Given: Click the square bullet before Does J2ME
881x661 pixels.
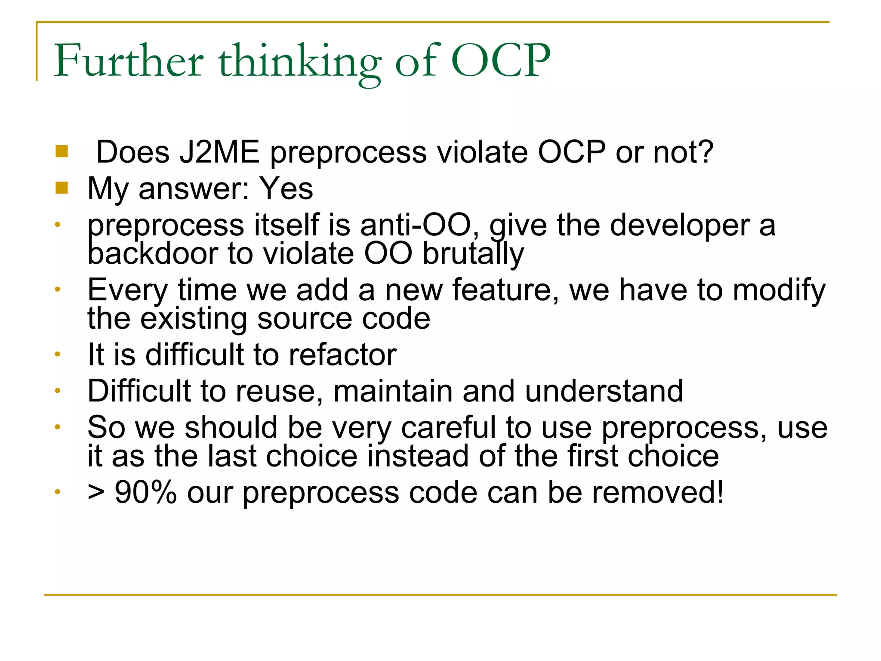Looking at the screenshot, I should [62, 151].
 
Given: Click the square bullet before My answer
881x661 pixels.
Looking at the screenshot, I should [62, 188].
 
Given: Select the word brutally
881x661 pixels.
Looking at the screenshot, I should [473, 253].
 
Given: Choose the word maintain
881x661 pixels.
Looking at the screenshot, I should [393, 391].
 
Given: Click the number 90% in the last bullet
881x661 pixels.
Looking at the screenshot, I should [146, 492].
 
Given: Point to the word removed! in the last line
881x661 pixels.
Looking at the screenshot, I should [658, 492].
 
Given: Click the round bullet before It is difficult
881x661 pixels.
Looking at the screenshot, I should [57, 355].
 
